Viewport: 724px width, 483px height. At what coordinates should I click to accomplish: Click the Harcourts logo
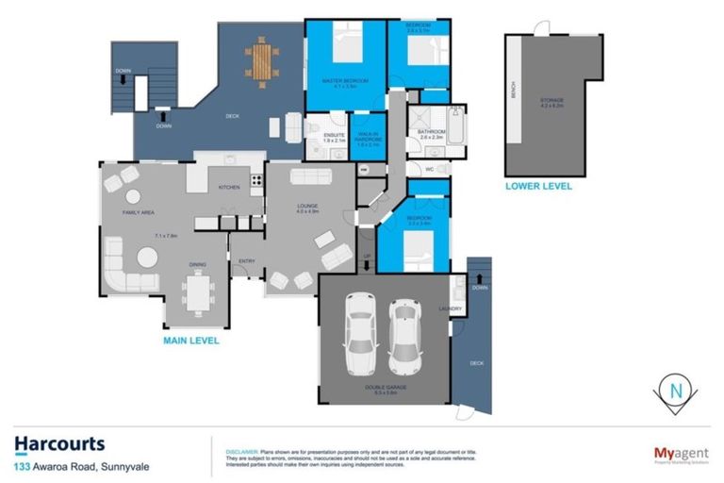point(59,443)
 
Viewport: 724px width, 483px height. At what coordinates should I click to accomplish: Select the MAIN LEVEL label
point(192,341)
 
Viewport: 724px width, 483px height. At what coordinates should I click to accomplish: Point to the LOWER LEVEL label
point(538,186)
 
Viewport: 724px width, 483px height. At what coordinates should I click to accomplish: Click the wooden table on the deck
point(258,60)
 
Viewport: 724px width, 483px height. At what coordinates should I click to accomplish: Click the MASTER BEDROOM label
point(344,81)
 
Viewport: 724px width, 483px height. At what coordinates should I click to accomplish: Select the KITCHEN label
point(229,187)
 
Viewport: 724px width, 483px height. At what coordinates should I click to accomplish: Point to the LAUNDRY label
point(448,308)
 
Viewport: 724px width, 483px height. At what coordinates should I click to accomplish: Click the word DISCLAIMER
point(238,452)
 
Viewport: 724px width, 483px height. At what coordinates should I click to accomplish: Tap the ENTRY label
point(247,261)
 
